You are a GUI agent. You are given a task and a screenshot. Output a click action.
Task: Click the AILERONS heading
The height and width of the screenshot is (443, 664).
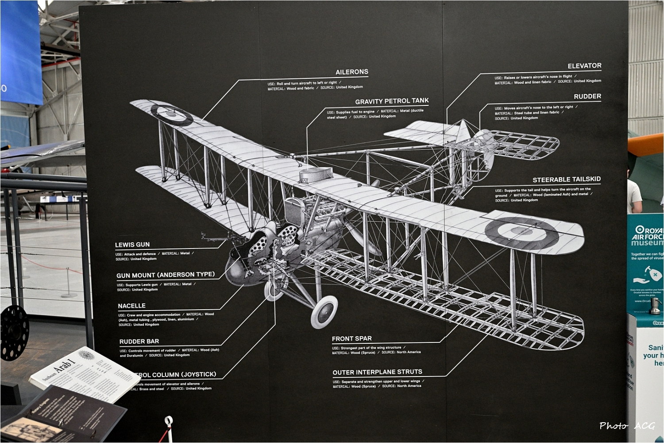[x=351, y=72]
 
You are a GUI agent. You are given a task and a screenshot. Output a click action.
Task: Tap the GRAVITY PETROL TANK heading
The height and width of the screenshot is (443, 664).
[x=392, y=101]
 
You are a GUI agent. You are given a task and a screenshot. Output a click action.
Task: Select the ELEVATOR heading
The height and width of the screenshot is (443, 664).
[x=584, y=66]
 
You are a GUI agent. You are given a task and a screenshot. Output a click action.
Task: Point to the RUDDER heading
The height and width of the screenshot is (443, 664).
[x=587, y=96]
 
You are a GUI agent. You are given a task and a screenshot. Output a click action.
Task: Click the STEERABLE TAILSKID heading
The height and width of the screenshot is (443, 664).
[x=567, y=179]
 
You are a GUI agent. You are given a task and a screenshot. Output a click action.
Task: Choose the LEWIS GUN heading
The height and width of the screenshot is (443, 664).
[x=132, y=245]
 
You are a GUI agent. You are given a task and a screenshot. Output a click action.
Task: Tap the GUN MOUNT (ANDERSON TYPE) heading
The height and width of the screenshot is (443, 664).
[x=165, y=275]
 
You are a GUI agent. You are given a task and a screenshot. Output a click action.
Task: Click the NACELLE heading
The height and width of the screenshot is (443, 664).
[x=131, y=306]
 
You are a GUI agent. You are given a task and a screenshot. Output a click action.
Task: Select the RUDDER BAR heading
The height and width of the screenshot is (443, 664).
[x=139, y=341]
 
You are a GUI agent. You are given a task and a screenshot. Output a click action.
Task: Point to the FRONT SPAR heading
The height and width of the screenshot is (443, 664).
[x=351, y=338]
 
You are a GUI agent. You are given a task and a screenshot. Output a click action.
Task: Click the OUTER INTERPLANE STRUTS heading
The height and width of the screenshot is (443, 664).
[x=377, y=372]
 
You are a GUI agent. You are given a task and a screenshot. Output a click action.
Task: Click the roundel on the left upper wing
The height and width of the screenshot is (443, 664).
[x=172, y=113]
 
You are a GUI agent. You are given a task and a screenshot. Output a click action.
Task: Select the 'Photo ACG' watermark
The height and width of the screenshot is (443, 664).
[x=627, y=426]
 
